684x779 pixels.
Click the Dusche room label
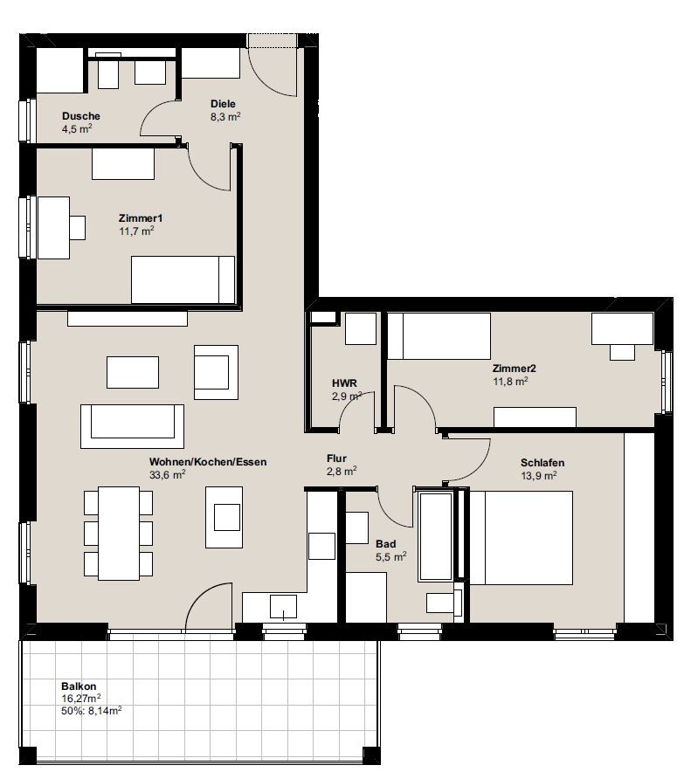81,116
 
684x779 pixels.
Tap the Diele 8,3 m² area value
225,117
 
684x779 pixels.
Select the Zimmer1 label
141,218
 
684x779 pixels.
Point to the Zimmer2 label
514,369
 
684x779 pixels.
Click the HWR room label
344,383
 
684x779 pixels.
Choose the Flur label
336,458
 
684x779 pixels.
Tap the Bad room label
386,544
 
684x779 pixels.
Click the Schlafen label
542,463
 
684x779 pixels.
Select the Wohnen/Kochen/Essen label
208,461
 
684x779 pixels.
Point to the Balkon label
79,686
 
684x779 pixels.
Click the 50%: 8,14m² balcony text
92,710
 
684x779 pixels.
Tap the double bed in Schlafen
522,538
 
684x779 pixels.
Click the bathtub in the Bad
436,536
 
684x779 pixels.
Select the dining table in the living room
119,534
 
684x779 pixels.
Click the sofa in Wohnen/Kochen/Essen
132,426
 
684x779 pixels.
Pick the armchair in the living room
217,372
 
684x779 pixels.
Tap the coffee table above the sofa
133,372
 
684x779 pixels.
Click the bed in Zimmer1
183,279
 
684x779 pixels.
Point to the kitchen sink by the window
283,607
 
